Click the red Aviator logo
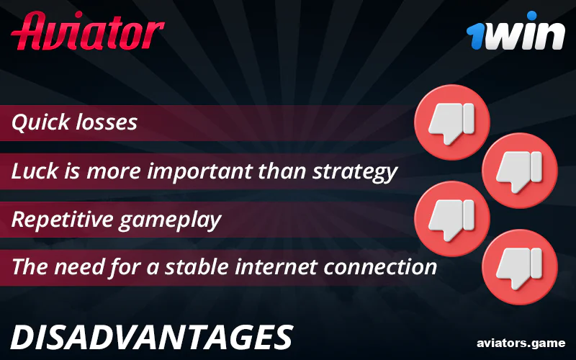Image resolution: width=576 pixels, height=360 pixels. (x=88, y=30)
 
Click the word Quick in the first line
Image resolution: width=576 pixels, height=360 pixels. (x=40, y=122)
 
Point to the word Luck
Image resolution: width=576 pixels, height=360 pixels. (x=35, y=171)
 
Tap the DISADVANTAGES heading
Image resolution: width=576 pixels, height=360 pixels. (x=153, y=337)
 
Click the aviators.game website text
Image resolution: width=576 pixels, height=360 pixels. (x=521, y=343)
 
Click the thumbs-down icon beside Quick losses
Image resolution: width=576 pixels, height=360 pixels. (x=451, y=121)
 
